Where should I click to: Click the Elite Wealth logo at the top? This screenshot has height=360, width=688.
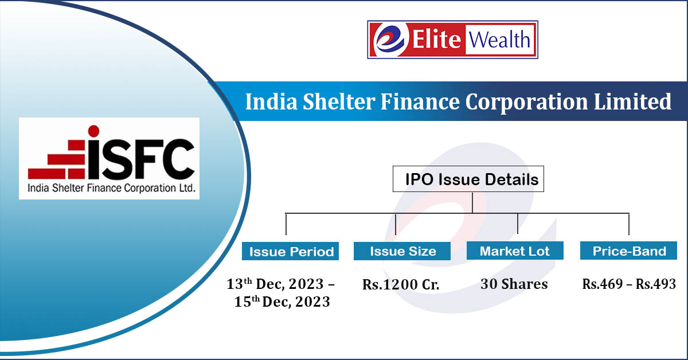(x=452, y=40)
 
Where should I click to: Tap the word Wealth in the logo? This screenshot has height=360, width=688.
(x=500, y=40)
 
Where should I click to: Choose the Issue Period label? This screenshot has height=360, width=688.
(x=291, y=251)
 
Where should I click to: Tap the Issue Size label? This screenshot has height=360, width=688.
(x=402, y=251)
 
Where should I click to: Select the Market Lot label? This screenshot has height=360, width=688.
(x=515, y=251)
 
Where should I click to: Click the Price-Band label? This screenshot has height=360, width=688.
(x=629, y=251)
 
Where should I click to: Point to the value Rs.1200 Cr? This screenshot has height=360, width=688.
(x=401, y=285)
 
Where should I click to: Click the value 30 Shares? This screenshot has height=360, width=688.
(x=514, y=284)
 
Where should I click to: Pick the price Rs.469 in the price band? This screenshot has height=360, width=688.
(x=602, y=284)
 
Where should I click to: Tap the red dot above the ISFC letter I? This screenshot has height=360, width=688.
(x=93, y=130)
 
